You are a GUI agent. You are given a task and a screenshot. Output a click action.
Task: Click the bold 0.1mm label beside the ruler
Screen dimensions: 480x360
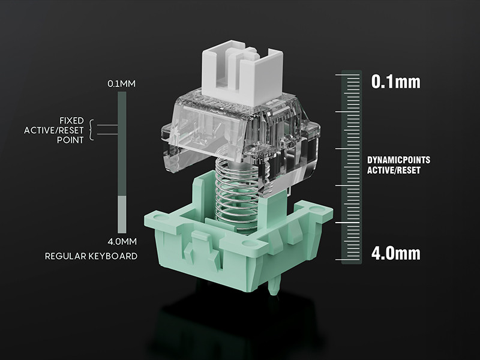pos(396,82)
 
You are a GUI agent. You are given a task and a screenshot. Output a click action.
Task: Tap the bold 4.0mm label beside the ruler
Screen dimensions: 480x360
pos(396,253)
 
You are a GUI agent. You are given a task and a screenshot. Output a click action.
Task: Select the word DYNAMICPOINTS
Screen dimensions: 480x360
pos(398,160)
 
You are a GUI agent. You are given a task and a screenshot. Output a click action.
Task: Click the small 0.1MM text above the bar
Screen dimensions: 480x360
pos(122,84)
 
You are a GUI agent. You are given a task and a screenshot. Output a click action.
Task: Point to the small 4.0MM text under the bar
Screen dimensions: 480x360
pos(122,242)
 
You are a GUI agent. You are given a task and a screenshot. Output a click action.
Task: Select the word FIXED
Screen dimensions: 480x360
pos(71,121)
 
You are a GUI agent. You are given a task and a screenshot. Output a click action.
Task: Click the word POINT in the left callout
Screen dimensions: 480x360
pos(70,140)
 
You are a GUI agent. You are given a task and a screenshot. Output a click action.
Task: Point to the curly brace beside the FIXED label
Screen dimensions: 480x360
pos(91,130)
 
